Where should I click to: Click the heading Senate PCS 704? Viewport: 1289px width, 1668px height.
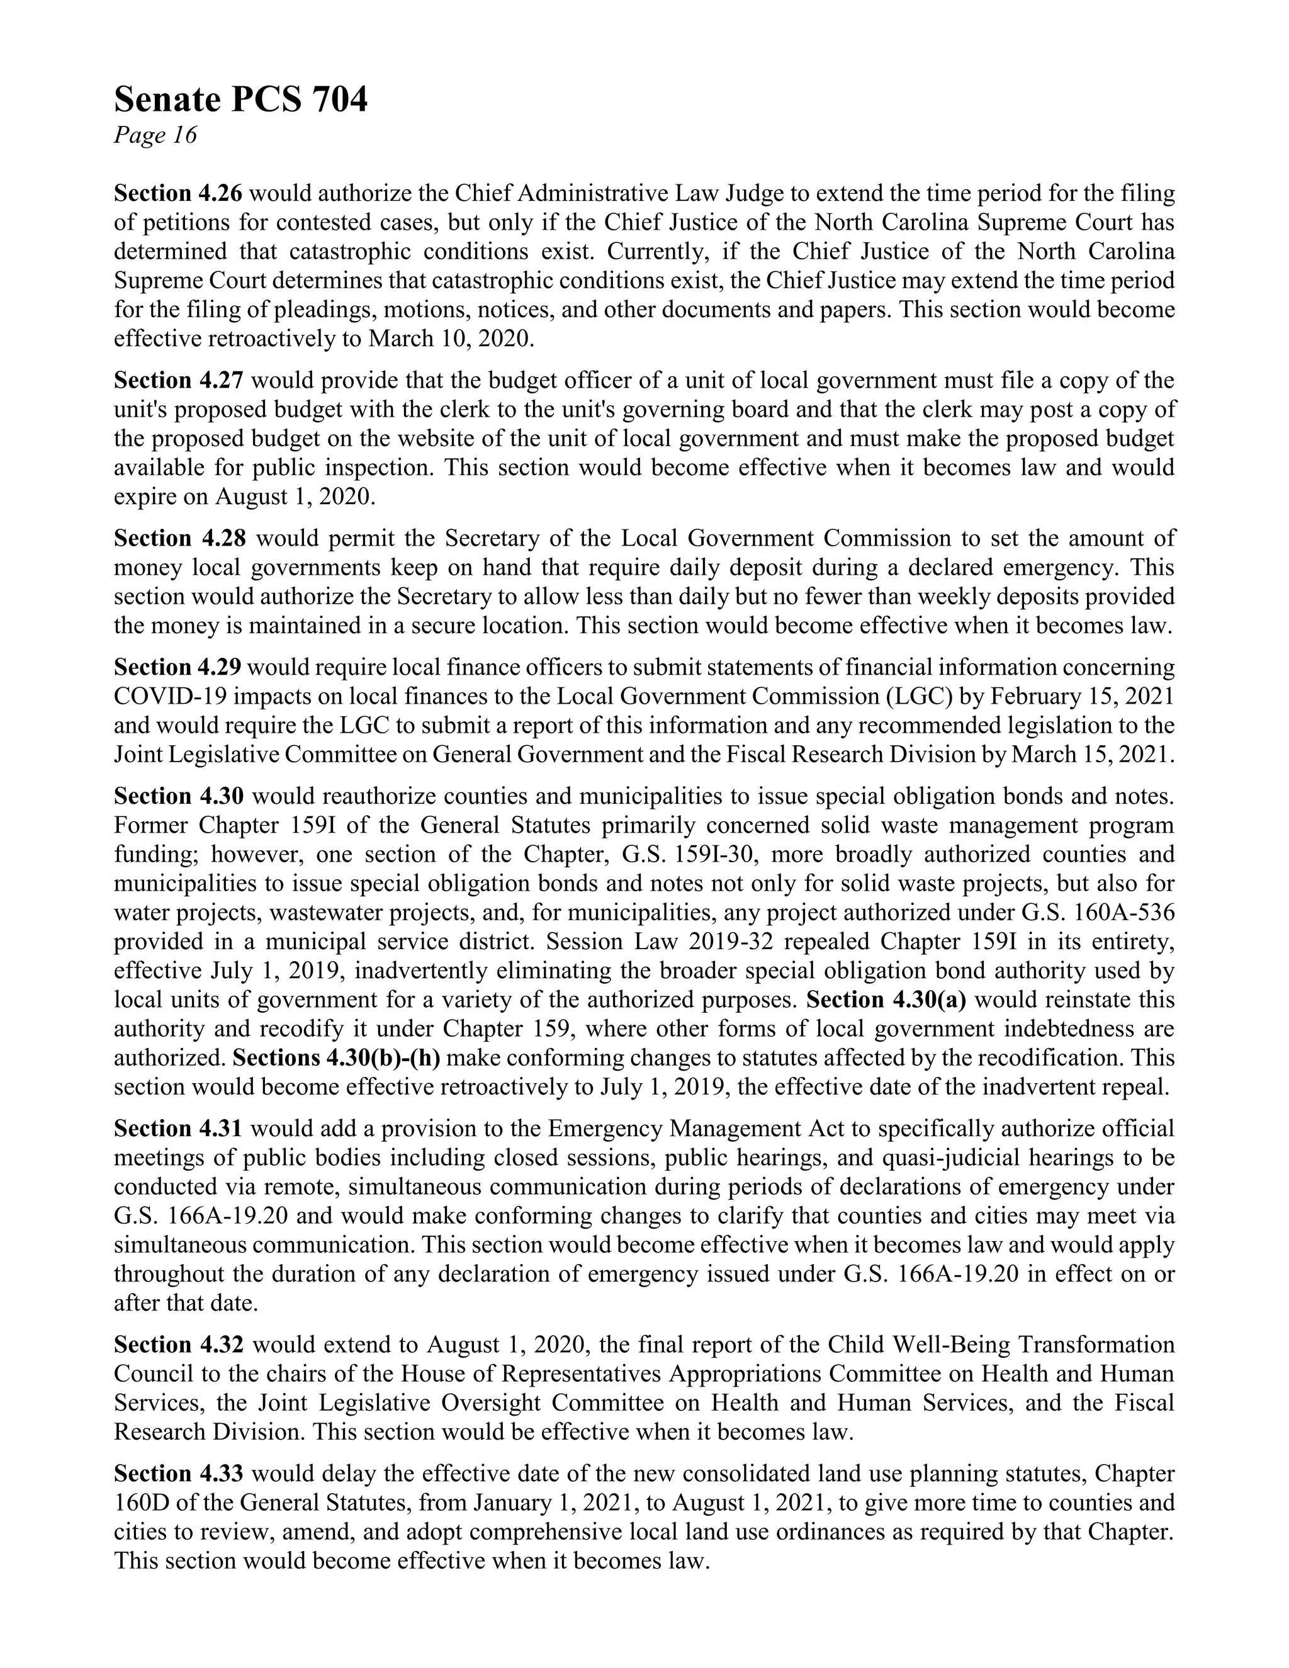pyautogui.click(x=240, y=100)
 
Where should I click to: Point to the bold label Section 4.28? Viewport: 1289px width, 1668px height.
pyautogui.click(x=179, y=539)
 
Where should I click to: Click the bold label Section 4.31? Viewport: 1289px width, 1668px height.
pyautogui.click(x=178, y=1129)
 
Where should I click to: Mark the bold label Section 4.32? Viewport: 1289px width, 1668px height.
pyautogui.click(x=178, y=1345)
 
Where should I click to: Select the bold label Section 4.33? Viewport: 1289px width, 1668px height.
pyautogui.click(x=178, y=1474)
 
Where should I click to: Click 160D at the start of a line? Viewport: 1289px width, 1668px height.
pyautogui.click(x=137, y=1503)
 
